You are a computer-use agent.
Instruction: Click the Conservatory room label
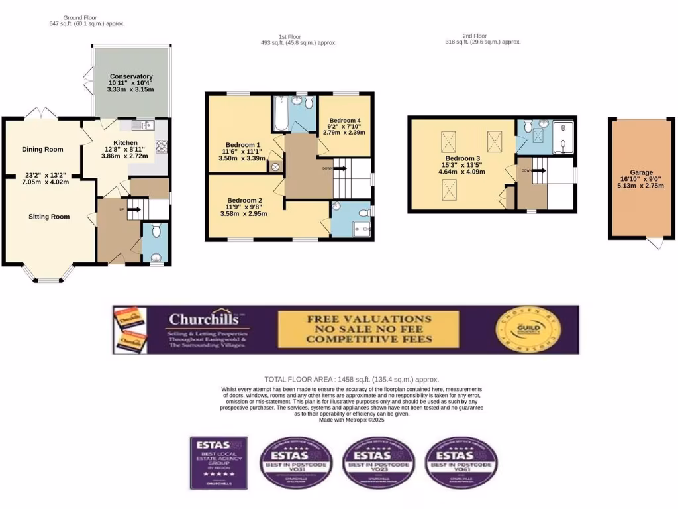coord(131,76)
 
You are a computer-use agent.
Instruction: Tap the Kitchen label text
coord(126,142)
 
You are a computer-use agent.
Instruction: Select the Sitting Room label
coord(49,216)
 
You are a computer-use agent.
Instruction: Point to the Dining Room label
coord(42,149)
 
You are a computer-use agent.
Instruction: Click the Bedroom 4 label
coord(344,120)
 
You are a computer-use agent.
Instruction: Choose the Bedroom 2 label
coord(244,200)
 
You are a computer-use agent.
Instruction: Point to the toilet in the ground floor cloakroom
coord(156,231)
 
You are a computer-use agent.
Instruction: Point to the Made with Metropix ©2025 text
coord(352,420)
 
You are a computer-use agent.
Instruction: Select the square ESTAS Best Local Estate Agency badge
coord(218,463)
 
